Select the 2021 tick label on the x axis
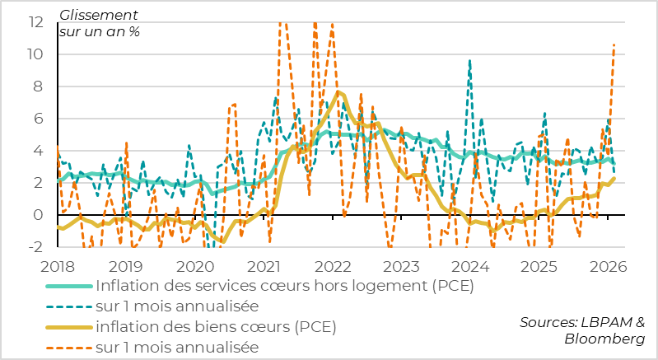point(264,266)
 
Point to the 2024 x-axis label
point(471,266)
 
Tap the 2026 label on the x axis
point(609,266)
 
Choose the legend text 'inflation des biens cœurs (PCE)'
point(216,327)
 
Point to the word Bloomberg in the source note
point(604,339)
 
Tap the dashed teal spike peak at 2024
point(469,60)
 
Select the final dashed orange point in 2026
point(614,44)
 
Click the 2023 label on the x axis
point(402,266)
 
